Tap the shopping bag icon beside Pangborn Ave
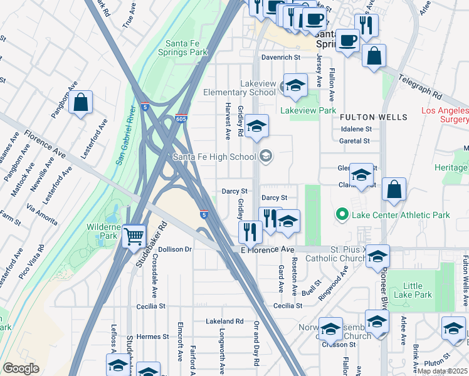[x=81, y=102]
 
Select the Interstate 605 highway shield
[x=181, y=119]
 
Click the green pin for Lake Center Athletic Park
[x=342, y=215]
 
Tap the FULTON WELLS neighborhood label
[x=374, y=117]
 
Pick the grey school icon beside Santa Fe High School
[x=266, y=157]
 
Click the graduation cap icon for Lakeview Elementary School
[x=295, y=85]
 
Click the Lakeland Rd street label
[x=224, y=321]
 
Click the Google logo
[x=21, y=368]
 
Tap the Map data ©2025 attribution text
[x=443, y=371]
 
